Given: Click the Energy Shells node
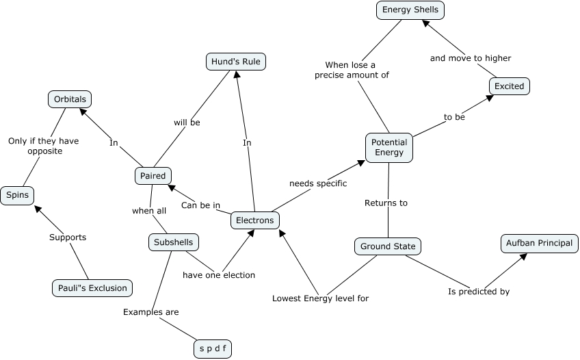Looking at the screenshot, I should (x=410, y=10).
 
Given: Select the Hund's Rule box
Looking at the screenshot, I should (x=236, y=62).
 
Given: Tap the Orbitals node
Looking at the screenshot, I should (x=70, y=99).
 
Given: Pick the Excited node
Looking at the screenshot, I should (x=510, y=86).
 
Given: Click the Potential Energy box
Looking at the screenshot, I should (x=388, y=148).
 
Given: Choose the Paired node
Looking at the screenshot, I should (x=153, y=176).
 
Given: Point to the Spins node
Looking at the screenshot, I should (x=17, y=196).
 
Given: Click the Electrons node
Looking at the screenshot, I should (x=255, y=220).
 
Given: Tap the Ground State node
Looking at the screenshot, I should (x=388, y=246).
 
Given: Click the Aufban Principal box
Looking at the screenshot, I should (x=540, y=244).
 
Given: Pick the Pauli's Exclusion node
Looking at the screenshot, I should (x=92, y=288).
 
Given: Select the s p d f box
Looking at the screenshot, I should (x=213, y=348).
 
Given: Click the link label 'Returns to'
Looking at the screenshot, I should (x=386, y=203).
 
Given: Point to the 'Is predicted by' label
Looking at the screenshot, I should (x=479, y=292).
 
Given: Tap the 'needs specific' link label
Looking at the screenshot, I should (x=318, y=183).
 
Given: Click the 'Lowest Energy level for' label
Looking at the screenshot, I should (x=320, y=298).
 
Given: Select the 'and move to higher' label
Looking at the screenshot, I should (x=471, y=58).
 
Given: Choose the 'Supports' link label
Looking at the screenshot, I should (x=68, y=237).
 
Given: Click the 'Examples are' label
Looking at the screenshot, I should (x=151, y=312).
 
